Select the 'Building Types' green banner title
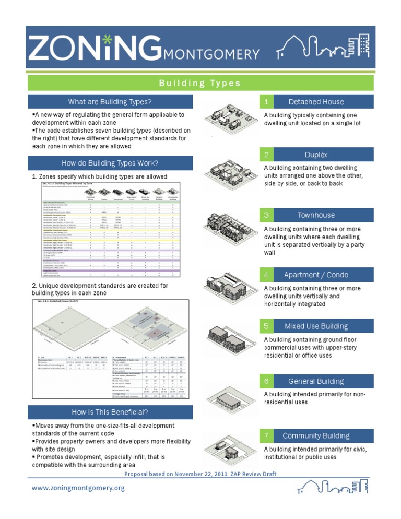coord(200,84)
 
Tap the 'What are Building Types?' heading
coord(110,102)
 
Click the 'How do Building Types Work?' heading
coord(110,163)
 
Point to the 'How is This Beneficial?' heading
coord(110,412)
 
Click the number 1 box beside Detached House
coord(266,102)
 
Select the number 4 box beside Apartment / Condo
coord(266,275)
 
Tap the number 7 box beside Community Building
coord(266,435)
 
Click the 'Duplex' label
coord(316,155)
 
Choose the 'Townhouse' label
coord(316,215)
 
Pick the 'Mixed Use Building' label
coord(316,326)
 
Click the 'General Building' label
coord(316,381)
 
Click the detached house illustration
coord(230,116)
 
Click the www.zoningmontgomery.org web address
coord(78,488)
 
